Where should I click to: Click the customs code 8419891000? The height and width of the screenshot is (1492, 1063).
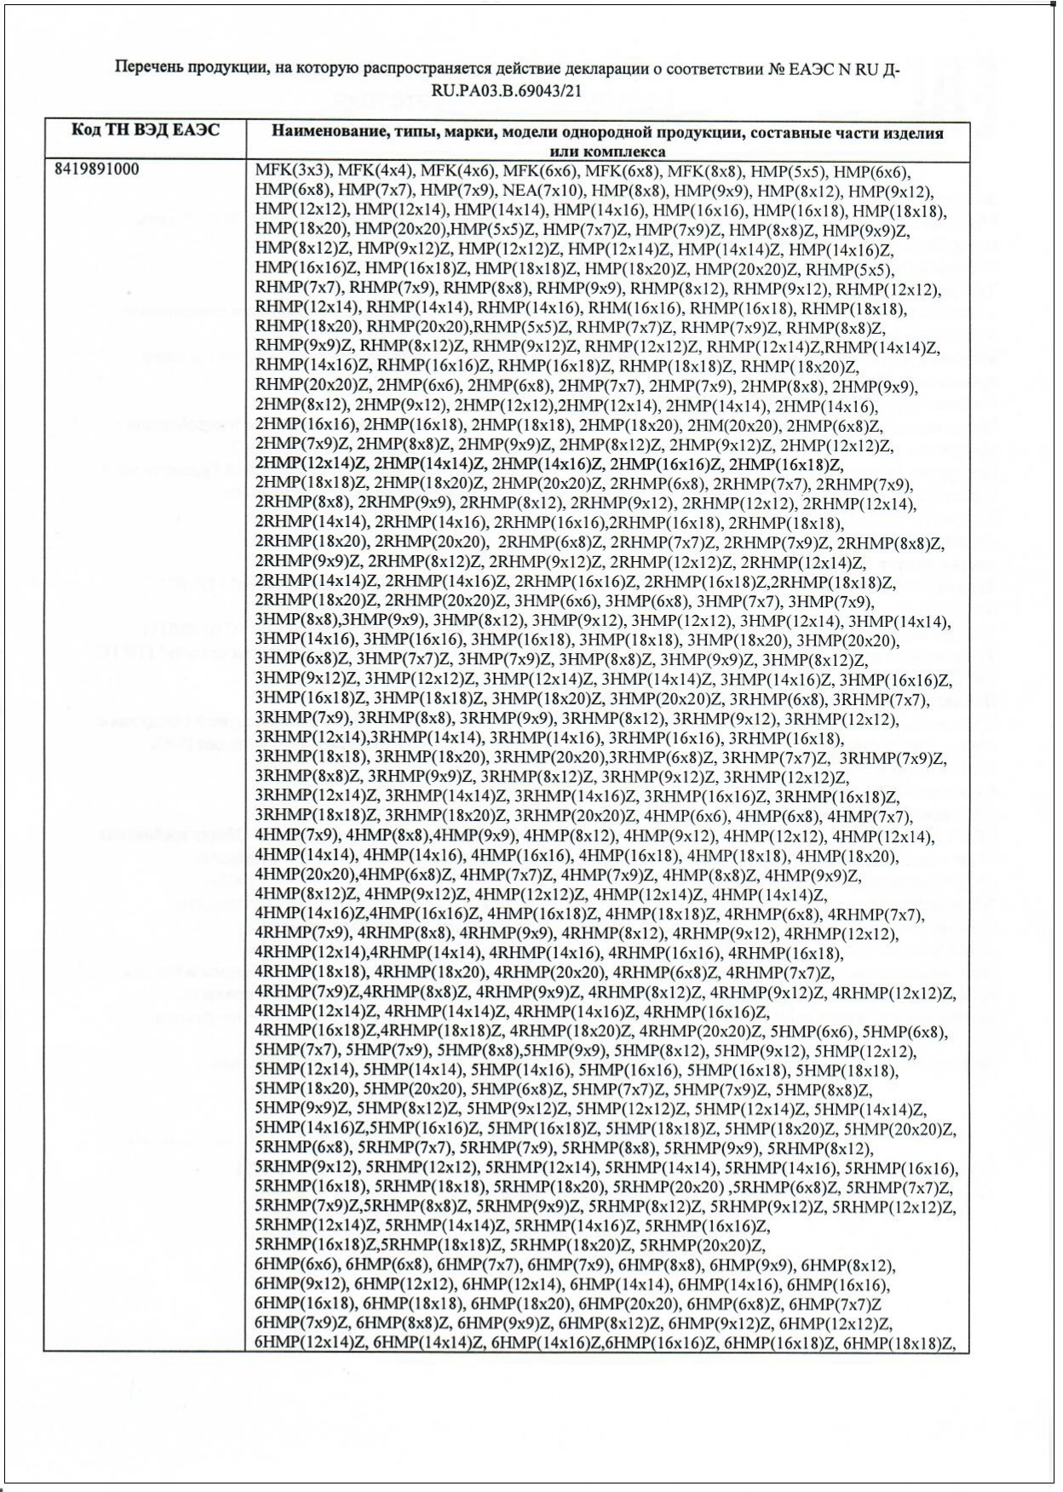[x=96, y=169]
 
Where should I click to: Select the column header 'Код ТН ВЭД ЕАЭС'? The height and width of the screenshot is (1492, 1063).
[x=145, y=130]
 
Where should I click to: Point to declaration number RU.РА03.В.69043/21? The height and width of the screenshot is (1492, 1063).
[x=507, y=89]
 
